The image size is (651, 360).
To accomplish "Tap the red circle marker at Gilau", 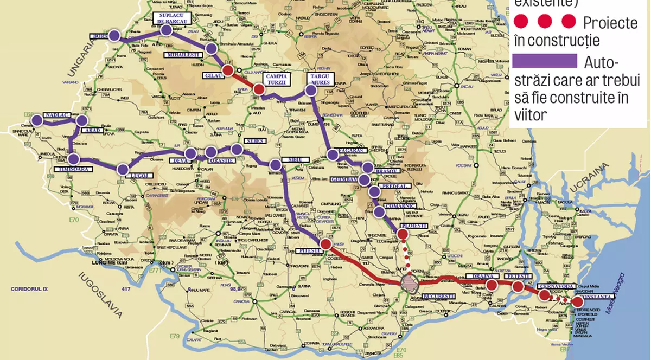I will coord(228,70).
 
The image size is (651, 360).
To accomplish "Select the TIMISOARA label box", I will coord(73,169).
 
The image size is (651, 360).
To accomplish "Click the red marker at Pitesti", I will coord(325,245).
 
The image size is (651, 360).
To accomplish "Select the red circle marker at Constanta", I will coord(578,302).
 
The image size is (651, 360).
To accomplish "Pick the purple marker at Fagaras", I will coord(333,155).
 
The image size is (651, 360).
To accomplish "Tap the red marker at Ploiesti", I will coord(403,234).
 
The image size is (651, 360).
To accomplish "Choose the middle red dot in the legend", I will coord(545,22).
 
